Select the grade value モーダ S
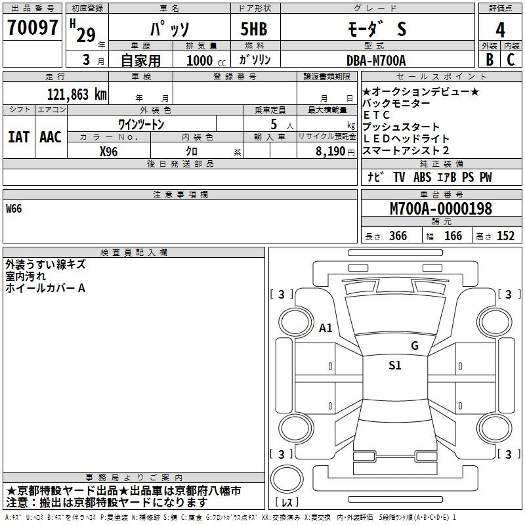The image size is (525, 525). (375, 28)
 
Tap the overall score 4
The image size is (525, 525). (501, 30)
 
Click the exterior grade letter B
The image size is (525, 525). (490, 60)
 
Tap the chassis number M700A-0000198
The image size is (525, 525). (440, 209)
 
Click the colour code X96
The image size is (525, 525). (109, 150)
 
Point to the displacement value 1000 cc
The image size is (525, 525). (205, 60)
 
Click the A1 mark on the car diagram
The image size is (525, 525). (325, 327)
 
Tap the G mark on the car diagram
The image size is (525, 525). (414, 346)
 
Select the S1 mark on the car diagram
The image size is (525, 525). (394, 366)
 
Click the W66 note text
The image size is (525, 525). (14, 209)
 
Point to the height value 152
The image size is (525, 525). (505, 236)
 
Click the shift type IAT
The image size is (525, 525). (18, 137)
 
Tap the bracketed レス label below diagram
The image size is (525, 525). (286, 503)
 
